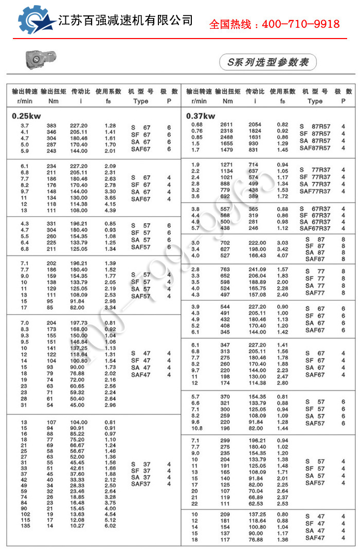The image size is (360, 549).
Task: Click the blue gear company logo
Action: (x=36, y=21)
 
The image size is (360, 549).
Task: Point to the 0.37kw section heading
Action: (x=201, y=116)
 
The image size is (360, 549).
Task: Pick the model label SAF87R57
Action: (x=315, y=148)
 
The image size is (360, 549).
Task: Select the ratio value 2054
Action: (x=255, y=125)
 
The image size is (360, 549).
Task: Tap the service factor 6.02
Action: (x=111, y=525)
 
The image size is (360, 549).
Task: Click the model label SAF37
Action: (x=140, y=484)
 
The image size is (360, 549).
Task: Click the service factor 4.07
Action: (x=283, y=255)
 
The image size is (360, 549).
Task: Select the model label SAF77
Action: (x=315, y=293)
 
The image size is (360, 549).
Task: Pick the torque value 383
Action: (x=51, y=126)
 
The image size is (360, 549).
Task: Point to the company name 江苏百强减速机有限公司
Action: (x=126, y=21)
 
